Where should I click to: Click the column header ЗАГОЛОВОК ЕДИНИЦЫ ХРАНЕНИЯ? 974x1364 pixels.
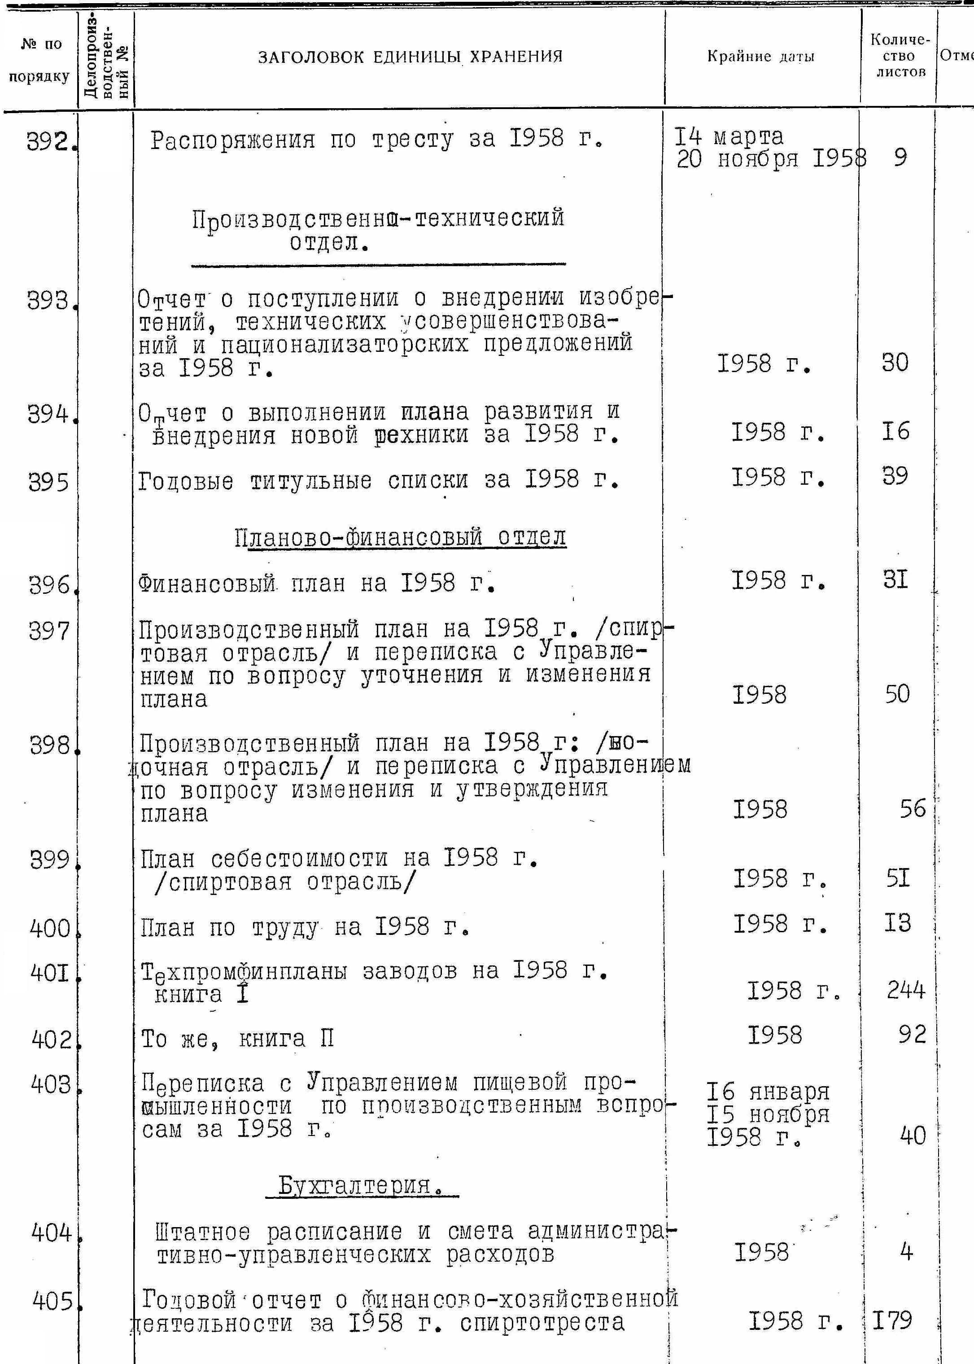[410, 57]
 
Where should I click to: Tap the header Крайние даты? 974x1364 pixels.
[760, 57]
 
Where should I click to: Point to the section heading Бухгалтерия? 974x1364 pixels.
[362, 1186]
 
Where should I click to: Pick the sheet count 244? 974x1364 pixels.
[906, 990]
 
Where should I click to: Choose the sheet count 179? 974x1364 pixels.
[892, 1320]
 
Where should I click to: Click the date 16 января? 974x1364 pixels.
[768, 1092]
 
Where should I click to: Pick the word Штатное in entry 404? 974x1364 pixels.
[202, 1232]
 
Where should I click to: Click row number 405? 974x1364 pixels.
[53, 1301]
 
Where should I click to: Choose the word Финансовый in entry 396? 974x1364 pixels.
[206, 583]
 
